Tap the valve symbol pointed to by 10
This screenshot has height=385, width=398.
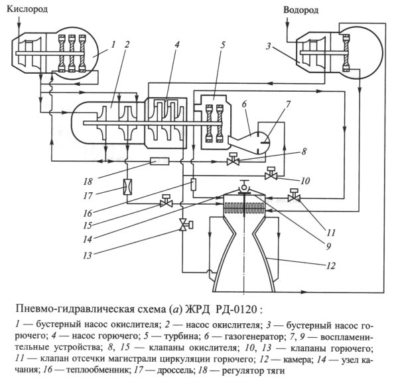point(270,176)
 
